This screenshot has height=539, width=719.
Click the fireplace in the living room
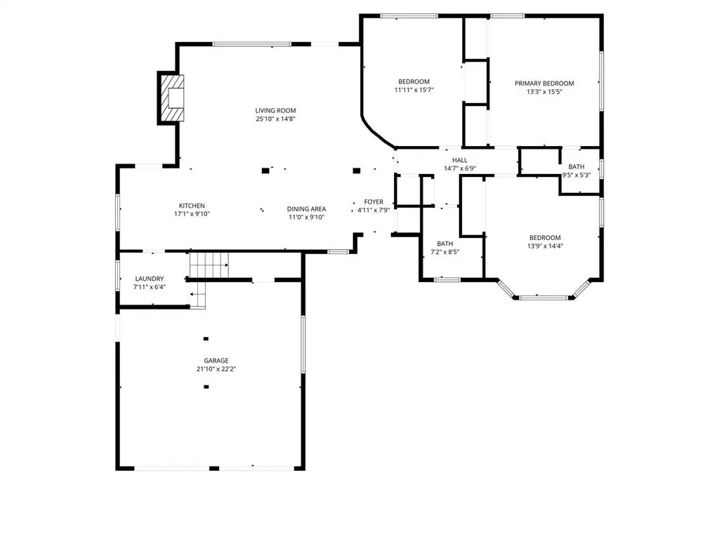pos(172,98)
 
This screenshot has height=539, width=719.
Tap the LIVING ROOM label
pos(275,110)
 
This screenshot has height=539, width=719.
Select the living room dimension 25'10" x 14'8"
pos(275,119)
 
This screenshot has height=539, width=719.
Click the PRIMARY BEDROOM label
pos(544,84)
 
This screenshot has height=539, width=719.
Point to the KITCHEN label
pos(192,206)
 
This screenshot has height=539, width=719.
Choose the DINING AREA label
pos(306,209)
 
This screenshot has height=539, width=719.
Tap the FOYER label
pos(374,201)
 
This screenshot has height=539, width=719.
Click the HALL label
pos(460,160)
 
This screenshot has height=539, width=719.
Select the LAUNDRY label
pos(150,279)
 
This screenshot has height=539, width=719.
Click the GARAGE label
pos(216,361)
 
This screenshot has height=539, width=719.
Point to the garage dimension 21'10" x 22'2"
pos(216,369)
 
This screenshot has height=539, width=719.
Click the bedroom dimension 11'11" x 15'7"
pos(414,90)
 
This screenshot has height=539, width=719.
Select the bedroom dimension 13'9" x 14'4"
pos(545,246)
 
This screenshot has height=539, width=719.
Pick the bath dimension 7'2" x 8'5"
pos(444,252)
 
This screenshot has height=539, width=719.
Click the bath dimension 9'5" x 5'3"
pos(576,175)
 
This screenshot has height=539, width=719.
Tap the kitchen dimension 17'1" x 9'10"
pos(192,214)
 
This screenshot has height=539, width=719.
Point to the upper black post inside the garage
pos(206,339)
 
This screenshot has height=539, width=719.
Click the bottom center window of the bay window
pos(543,298)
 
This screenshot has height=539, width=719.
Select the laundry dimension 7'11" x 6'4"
pos(150,287)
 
